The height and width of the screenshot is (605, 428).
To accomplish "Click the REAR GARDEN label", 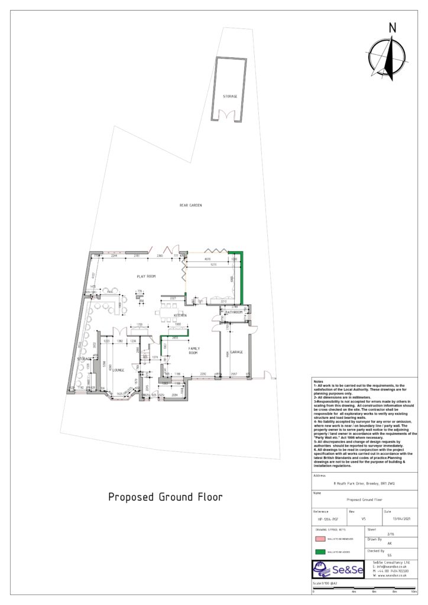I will point(190,205).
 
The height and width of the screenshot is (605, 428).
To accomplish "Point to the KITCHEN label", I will point(180,316).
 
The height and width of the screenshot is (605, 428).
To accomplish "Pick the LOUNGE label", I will point(118,370).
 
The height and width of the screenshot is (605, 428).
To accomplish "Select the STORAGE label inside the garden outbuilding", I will point(230,96).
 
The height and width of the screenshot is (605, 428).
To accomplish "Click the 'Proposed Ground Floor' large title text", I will point(165,497).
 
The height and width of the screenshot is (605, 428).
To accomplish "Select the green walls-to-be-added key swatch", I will point(320,552).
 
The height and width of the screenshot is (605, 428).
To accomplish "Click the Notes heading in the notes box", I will point(319,382).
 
